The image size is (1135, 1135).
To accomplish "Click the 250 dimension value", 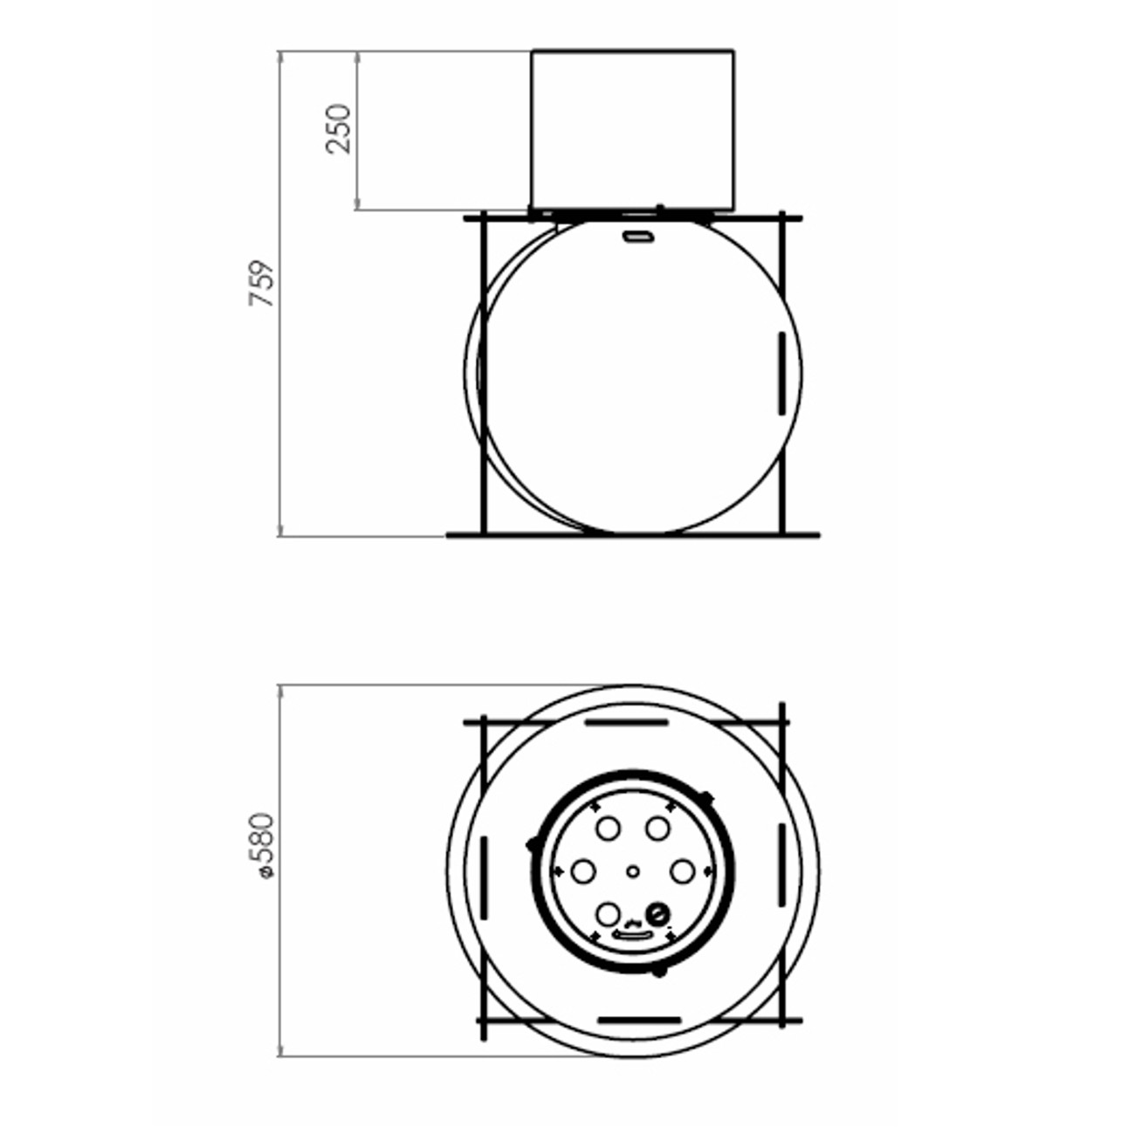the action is coord(338,129).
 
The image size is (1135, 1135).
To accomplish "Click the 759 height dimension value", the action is coord(262,283).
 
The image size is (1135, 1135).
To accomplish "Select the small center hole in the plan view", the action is coord(633,871).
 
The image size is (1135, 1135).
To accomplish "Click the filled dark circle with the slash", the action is coord(658,914).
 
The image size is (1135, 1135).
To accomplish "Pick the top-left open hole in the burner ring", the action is coord(608,829).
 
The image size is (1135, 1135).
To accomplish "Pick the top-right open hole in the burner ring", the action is coord(657,829).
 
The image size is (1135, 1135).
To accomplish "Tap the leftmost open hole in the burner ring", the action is coord(584,871).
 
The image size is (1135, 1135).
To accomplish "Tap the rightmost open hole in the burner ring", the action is coord(683,871).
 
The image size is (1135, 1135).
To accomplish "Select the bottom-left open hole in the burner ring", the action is coord(608,914).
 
